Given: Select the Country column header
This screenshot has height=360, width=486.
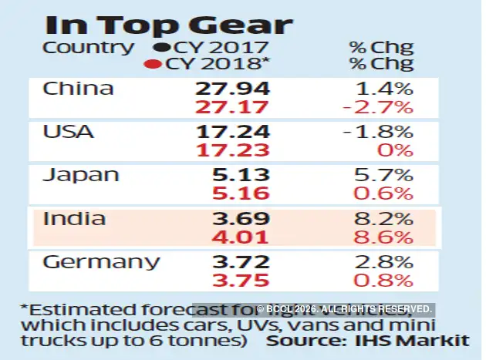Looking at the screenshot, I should [86, 48].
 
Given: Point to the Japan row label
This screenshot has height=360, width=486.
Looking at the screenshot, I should [80, 175].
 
